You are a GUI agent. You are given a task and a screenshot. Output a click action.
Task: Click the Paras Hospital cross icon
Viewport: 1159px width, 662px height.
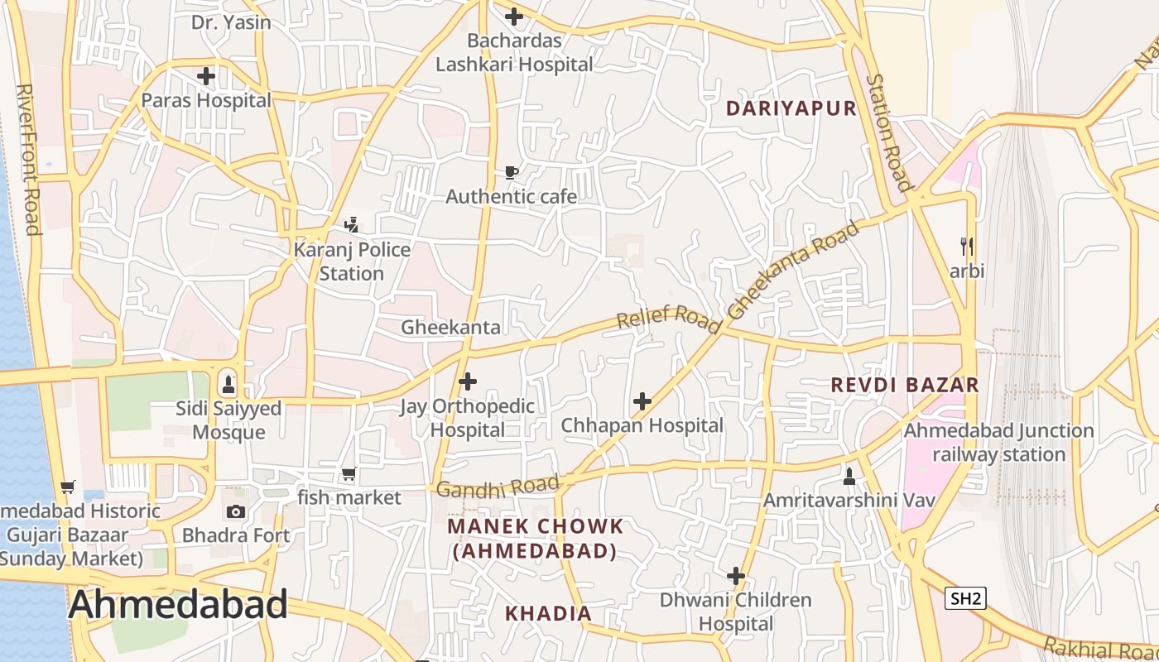coord(206,77)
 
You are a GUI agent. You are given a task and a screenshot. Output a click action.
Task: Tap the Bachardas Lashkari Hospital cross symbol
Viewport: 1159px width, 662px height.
coord(514,16)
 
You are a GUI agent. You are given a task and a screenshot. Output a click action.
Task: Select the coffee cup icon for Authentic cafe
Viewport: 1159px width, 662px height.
coord(512,172)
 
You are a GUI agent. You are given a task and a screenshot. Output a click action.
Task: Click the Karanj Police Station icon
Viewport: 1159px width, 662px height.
coord(352,224)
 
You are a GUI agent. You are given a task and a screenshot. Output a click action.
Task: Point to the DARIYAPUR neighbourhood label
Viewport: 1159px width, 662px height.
coord(791,108)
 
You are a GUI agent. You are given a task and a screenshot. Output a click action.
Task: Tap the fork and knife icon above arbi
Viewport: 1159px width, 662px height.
coord(967,246)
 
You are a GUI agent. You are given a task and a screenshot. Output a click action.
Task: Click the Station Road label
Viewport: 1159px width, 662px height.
coord(888,132)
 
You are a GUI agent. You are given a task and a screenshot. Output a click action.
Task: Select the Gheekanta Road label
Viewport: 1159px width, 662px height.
coord(793,270)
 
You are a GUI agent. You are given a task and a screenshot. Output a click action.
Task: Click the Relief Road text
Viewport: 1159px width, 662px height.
coord(669,317)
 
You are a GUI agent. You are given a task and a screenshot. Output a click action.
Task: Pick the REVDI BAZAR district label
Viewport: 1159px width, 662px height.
coord(905,385)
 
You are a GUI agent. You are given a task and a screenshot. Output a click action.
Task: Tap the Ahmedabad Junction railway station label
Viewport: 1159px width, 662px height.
coord(998,443)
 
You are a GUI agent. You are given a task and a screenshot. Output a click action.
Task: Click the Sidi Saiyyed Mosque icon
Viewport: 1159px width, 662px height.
coord(228,385)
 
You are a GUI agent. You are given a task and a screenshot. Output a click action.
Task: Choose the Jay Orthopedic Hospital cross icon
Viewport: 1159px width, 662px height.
coord(468,381)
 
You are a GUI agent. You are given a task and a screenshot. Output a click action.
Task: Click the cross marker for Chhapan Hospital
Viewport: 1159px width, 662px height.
coord(642,402)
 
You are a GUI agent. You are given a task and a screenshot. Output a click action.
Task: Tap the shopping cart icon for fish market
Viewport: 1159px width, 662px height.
coord(349,474)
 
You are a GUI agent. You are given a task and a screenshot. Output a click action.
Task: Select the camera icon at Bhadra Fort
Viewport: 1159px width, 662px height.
coord(236,511)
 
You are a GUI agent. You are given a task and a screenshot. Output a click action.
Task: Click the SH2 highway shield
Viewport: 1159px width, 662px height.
coord(965,598)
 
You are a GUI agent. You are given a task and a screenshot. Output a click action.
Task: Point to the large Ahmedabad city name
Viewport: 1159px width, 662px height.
coord(178,605)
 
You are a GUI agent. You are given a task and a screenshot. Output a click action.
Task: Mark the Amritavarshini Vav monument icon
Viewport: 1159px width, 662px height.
coord(849,477)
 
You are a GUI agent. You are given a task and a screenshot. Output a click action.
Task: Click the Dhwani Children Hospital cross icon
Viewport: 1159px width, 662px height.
coord(736,576)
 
